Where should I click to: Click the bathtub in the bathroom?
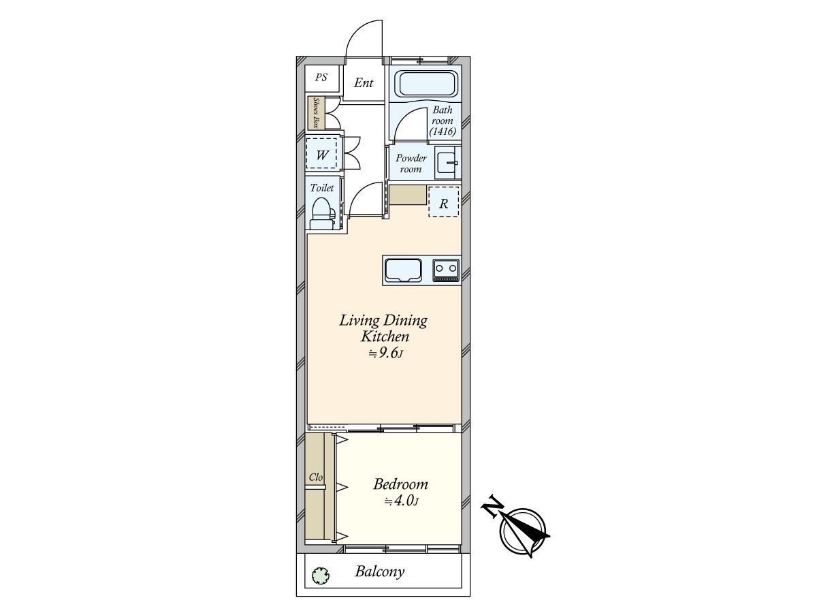coord(428,84)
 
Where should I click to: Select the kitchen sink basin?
coord(403,270)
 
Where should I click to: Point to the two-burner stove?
coord(446,270)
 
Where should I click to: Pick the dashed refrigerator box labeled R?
coord(443,202)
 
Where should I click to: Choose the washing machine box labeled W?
coord(321,154)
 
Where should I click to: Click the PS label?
coord(321,78)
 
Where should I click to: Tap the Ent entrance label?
coord(364,82)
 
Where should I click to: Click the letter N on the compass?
coord(492,506)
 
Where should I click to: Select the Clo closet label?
coord(316,477)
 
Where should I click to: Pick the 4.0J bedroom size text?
coord(401,501)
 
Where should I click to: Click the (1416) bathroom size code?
coord(443,131)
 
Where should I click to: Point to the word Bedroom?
coord(400,484)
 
